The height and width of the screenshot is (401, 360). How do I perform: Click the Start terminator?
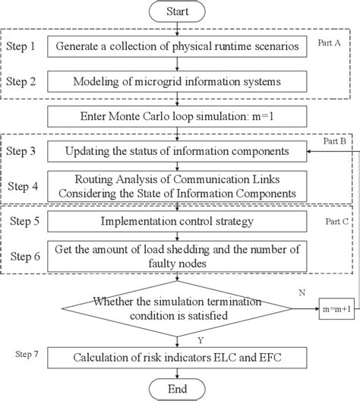click(x=177, y=11)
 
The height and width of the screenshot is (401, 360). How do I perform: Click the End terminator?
click(x=177, y=389)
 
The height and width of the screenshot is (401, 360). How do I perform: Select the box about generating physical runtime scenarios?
click(x=176, y=47)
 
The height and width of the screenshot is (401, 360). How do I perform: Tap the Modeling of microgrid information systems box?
click(x=176, y=81)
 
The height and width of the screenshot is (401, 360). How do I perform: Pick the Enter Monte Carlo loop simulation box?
click(x=176, y=116)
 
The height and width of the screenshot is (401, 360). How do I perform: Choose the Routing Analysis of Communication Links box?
click(x=176, y=184)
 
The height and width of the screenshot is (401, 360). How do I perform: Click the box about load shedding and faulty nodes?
click(x=176, y=253)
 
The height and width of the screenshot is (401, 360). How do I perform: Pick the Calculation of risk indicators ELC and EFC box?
click(x=176, y=358)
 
